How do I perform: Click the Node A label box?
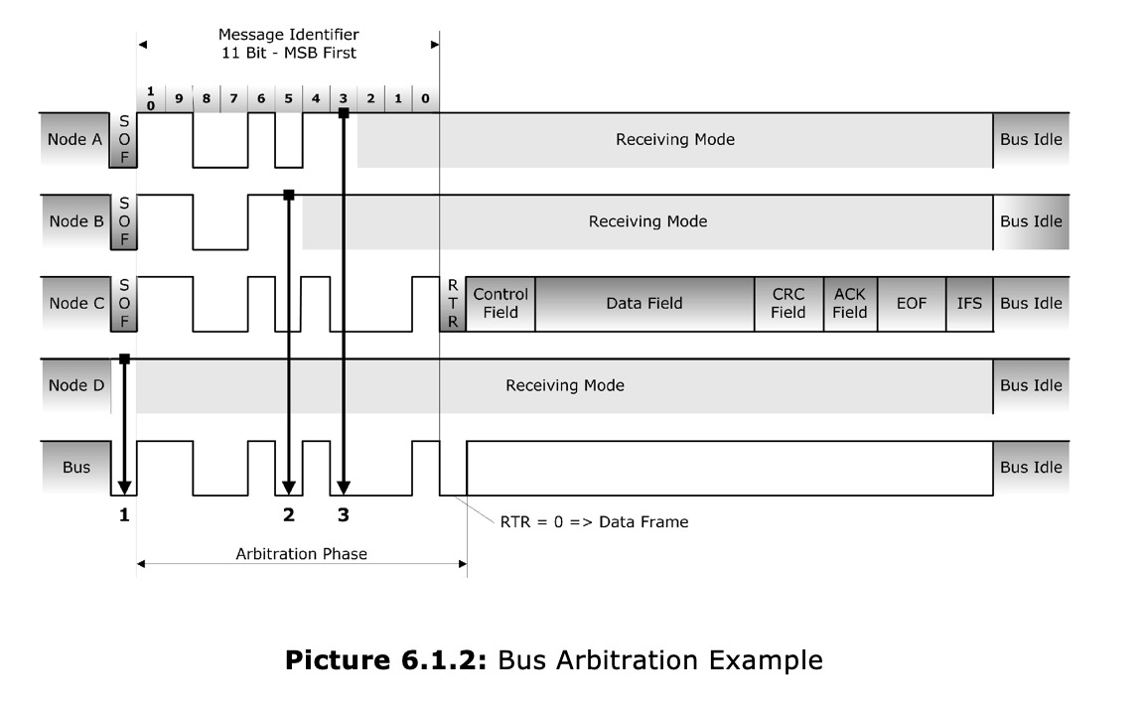tap(74, 140)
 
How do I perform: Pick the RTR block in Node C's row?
tap(453, 304)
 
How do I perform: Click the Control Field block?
tap(500, 304)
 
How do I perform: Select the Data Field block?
tap(644, 304)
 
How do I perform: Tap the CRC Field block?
tap(788, 304)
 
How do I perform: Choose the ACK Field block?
tap(850, 304)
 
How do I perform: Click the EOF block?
tap(912, 304)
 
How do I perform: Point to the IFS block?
tap(969, 304)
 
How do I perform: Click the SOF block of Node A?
tap(125, 140)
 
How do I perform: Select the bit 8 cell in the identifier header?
tap(206, 99)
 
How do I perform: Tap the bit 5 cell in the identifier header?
tap(288, 99)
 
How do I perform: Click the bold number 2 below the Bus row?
tap(288, 514)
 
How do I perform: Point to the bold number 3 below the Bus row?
tap(344, 514)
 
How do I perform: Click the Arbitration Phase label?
tap(301, 554)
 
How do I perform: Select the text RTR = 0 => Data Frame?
tap(594, 521)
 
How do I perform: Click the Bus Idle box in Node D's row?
tap(1031, 385)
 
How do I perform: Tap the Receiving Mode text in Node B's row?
tap(647, 221)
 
